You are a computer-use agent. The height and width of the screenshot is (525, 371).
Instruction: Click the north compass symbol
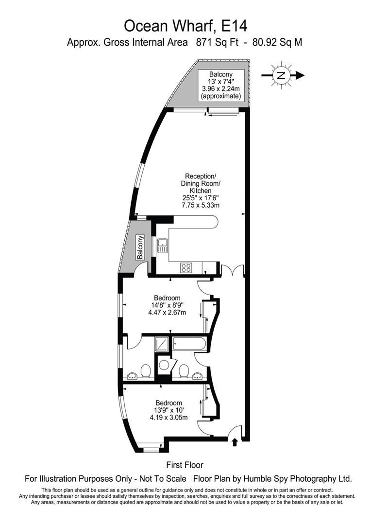(x=281, y=75)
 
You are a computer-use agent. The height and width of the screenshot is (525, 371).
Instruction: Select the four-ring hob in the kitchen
(x=186, y=266)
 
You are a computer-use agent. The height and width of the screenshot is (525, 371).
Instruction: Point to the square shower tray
(x=162, y=345)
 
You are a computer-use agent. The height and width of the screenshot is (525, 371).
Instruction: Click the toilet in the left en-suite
(x=145, y=372)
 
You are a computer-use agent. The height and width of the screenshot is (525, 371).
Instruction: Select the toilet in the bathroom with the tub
(x=183, y=371)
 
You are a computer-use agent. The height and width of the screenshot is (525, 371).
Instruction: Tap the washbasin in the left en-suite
(x=132, y=376)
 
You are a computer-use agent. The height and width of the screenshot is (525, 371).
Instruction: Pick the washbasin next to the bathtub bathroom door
(x=198, y=375)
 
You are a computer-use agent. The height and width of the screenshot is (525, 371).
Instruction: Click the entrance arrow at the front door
(x=235, y=441)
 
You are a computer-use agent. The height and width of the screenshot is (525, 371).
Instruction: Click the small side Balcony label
(x=140, y=247)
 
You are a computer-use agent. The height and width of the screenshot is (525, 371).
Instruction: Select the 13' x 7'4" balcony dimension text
(x=221, y=81)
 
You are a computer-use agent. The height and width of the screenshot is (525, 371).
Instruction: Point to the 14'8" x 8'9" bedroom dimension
(x=167, y=305)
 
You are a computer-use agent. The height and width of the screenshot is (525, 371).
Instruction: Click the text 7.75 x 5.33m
(x=201, y=206)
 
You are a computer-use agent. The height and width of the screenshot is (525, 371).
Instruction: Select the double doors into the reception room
(x=232, y=270)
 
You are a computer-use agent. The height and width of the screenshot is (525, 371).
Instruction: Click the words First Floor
(x=185, y=465)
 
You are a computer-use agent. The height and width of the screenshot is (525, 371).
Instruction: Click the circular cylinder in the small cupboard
(x=165, y=365)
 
